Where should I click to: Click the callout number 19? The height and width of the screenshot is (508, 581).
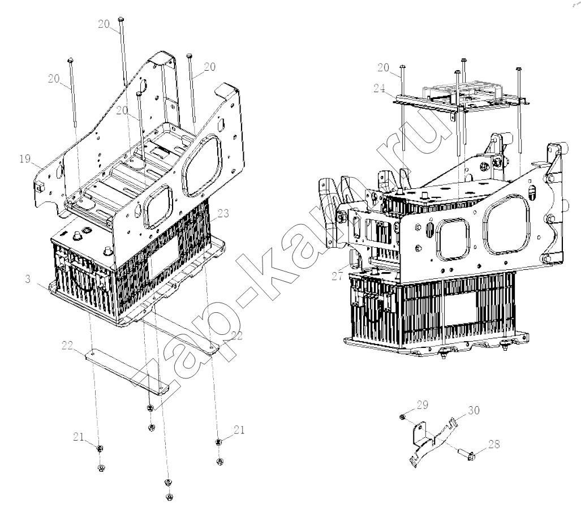click(x=25, y=159)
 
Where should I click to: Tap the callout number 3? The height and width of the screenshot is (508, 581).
click(x=28, y=279)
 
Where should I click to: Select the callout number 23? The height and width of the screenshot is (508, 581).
click(x=223, y=213)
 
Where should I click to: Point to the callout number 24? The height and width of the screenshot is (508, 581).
click(x=380, y=89)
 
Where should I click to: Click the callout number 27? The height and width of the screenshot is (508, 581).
click(x=337, y=277)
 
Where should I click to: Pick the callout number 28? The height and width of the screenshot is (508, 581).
click(x=494, y=444)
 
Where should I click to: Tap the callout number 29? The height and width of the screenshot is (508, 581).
click(x=423, y=404)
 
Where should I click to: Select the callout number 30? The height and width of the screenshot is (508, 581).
click(x=474, y=410)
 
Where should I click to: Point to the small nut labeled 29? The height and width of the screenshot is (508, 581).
click(x=402, y=417)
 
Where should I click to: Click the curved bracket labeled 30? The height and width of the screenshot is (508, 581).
click(x=432, y=441)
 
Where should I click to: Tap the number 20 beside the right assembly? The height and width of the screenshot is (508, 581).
click(x=384, y=67)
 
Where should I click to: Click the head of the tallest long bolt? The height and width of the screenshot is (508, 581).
click(x=120, y=19)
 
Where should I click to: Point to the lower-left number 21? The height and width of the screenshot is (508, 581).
click(x=79, y=437)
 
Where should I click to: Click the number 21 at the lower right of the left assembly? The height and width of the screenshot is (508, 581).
click(x=239, y=430)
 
